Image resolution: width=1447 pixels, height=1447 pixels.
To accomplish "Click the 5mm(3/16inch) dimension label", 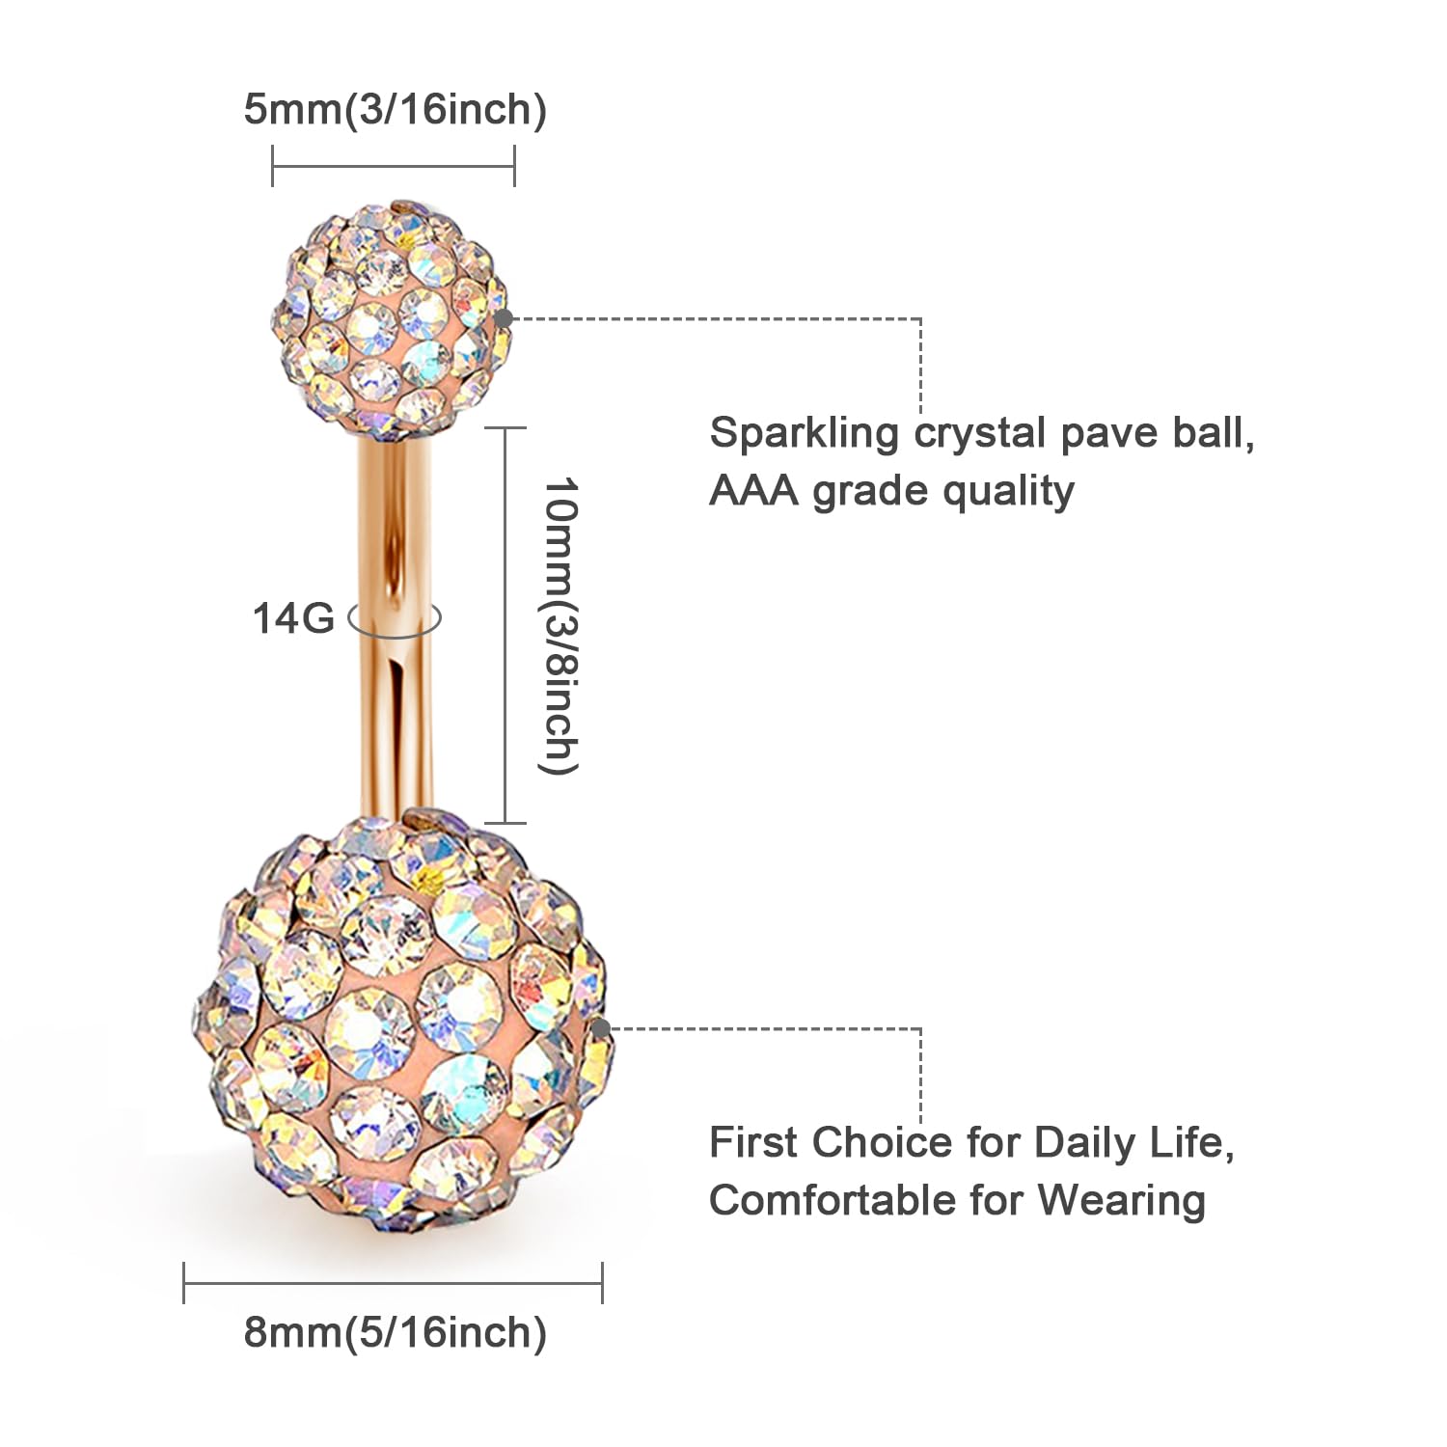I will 395,109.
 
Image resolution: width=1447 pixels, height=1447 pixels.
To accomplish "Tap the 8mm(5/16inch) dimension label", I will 395,1332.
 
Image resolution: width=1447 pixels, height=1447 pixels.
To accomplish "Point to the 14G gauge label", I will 292,618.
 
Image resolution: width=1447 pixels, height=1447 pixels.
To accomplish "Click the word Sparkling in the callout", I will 804,433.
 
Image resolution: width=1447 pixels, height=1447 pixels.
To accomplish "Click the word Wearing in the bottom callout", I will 1121,1201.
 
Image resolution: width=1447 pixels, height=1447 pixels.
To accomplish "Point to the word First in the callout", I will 753,1143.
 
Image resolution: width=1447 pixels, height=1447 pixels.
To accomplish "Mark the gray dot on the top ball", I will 503,318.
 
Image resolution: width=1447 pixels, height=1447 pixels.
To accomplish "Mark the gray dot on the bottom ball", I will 600,1028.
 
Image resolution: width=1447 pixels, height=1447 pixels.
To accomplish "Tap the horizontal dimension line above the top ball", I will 394,165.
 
